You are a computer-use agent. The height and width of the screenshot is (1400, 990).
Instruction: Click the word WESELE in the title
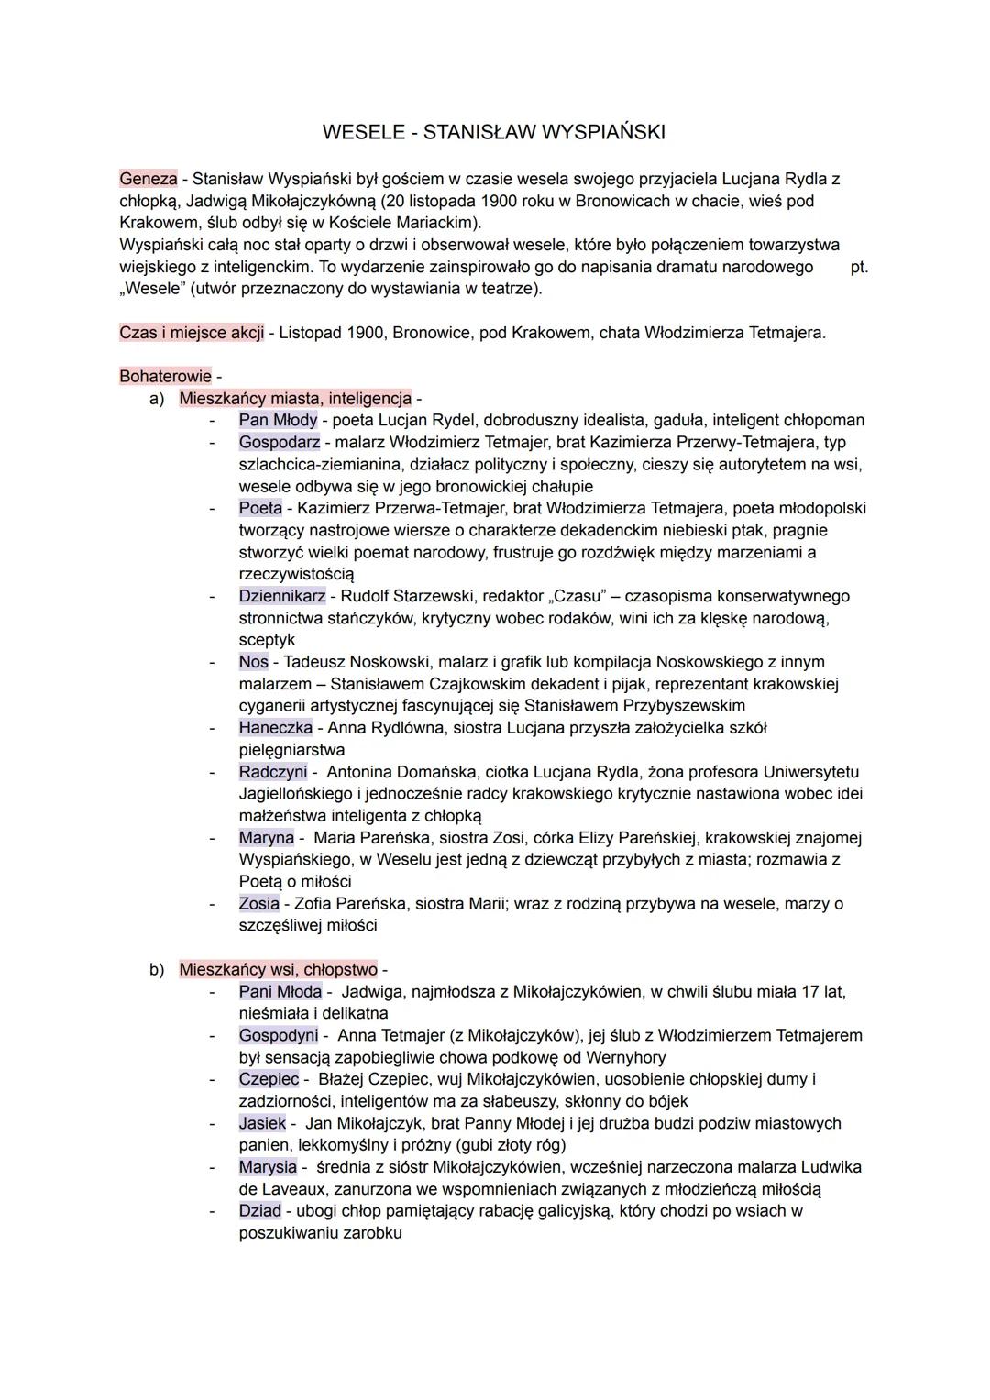tap(363, 132)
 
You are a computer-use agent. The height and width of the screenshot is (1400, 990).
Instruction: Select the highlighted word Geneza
tap(148, 179)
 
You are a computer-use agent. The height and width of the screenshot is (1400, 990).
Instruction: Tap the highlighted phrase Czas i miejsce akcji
tap(192, 333)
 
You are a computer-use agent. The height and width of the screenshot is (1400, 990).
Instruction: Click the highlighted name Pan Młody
tap(278, 421)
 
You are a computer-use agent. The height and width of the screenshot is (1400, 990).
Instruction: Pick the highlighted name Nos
tap(254, 662)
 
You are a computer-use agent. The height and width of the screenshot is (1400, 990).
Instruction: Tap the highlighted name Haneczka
tap(275, 728)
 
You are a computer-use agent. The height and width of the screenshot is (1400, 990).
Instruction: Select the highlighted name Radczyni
tap(273, 772)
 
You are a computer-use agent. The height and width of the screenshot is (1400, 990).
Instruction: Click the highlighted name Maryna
tap(267, 838)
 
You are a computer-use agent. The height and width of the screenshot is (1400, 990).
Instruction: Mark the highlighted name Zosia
tap(259, 904)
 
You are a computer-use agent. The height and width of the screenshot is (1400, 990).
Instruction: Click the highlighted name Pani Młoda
tap(280, 992)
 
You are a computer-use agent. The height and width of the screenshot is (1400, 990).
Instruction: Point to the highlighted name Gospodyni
tap(279, 1036)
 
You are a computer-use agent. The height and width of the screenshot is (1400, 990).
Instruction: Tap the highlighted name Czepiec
tap(269, 1079)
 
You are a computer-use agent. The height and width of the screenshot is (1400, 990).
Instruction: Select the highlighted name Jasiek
tap(262, 1123)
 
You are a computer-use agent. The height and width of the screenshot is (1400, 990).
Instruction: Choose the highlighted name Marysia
tap(268, 1167)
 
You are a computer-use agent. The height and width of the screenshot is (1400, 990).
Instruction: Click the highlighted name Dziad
tap(260, 1211)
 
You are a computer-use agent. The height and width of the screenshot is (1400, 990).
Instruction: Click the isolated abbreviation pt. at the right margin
tap(860, 268)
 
